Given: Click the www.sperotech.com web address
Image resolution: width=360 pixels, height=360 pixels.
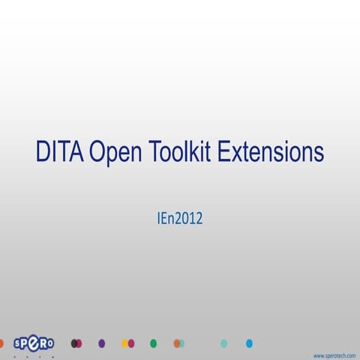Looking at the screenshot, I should pos(334,355).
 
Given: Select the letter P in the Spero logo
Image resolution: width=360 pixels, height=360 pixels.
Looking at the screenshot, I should pos(28,344).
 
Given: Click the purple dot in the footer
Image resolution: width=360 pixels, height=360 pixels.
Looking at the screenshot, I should pos(102,343).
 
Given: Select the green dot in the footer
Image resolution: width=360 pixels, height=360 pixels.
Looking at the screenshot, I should pos(154,343).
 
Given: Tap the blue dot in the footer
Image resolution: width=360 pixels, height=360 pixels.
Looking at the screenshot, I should pos(249,343).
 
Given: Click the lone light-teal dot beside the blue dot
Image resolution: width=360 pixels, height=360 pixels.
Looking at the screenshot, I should pos(223,343).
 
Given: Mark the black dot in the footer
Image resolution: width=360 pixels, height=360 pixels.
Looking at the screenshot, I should pos(73,343).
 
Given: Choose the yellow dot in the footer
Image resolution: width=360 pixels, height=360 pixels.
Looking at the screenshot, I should pos(125,343).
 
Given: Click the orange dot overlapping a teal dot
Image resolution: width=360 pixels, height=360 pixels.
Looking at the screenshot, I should pos(176,343).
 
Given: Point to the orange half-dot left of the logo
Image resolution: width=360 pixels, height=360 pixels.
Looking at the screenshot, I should pos(2,343).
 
